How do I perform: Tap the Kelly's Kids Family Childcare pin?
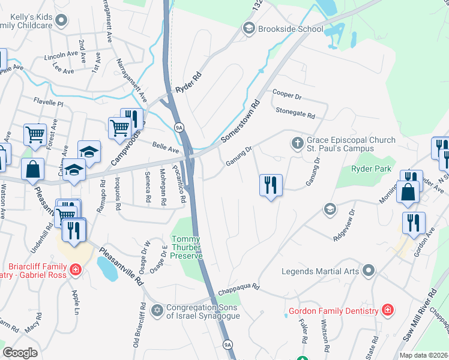coord(61,22)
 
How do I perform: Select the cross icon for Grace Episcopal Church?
coord(297,144)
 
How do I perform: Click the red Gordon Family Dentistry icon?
coord(388,311)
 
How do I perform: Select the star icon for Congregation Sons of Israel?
coord(157,310)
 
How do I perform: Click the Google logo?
coord(20,352)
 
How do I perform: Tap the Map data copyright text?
coord(424,355)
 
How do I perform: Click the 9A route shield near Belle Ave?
coord(178,127)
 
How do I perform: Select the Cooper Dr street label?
coord(286,94)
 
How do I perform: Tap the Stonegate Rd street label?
coord(295,112)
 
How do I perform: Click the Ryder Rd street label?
coord(187,82)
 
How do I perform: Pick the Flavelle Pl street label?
coord(48,103)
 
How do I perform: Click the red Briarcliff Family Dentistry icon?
coord(75,270)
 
